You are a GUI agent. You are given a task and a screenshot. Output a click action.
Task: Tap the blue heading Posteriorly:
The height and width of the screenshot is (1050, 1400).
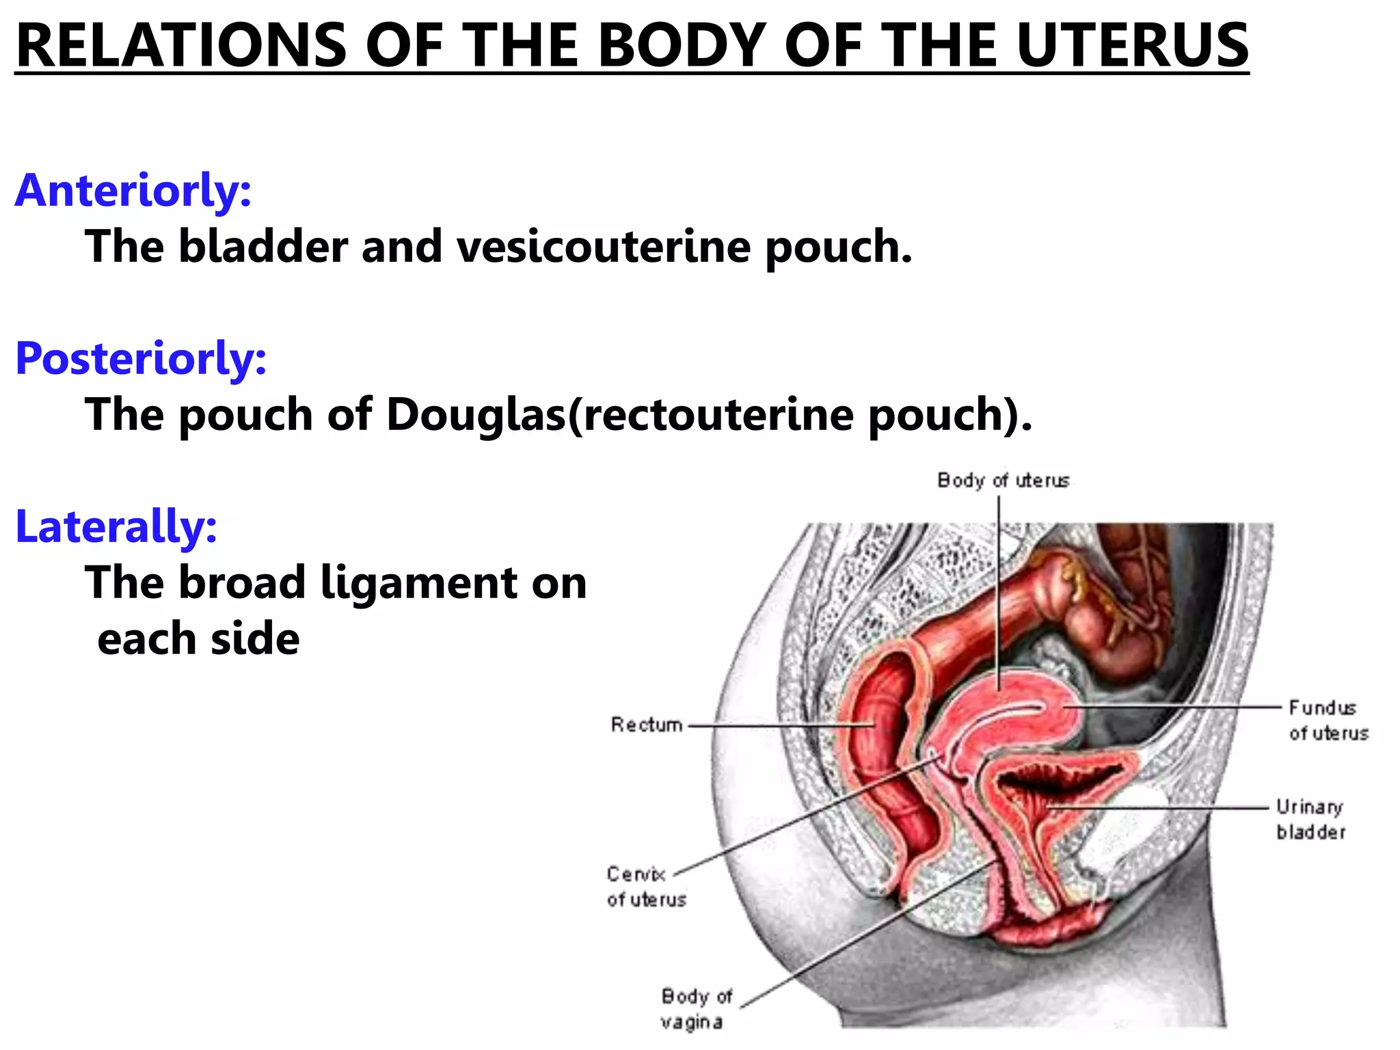[141, 358]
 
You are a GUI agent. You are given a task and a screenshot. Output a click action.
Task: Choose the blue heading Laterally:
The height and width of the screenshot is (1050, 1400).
[116, 526]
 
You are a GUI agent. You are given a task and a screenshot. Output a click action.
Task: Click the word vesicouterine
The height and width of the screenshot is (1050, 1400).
[604, 246]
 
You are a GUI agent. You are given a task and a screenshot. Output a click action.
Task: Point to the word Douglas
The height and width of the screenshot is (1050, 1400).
[476, 414]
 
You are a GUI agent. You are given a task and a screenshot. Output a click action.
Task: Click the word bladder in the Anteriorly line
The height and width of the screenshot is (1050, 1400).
[263, 246]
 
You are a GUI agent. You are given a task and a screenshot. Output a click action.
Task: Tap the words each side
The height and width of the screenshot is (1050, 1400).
[198, 638]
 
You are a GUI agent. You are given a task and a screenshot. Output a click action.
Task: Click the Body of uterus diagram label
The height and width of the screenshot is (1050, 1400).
[1003, 481]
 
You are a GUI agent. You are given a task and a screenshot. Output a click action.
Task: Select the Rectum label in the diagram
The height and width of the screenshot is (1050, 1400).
[647, 725]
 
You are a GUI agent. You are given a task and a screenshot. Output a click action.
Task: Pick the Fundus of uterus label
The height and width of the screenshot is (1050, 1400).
[1328, 720]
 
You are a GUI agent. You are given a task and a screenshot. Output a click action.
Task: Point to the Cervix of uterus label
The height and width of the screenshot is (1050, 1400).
[645, 887]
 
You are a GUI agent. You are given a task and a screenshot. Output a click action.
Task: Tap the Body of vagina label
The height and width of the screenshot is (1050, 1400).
[695, 1009]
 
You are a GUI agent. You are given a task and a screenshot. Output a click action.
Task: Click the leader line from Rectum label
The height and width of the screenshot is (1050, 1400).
[779, 725]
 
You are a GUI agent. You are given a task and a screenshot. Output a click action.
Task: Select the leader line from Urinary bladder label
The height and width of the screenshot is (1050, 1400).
[1162, 807]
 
